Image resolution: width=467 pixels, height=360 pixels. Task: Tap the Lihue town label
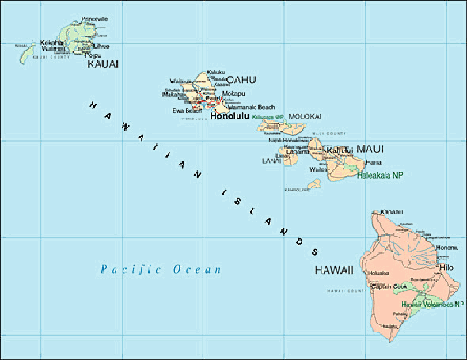(101, 47)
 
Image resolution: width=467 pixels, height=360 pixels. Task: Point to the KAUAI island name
(102, 64)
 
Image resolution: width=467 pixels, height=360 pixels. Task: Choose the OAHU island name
(241, 79)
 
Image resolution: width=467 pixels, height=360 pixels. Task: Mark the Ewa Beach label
(187, 111)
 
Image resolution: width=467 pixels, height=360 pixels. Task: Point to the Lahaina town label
(298, 152)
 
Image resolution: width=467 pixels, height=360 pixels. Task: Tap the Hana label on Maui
(374, 161)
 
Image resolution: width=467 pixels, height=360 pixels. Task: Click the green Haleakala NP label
(381, 175)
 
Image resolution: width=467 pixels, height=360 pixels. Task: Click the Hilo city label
(445, 269)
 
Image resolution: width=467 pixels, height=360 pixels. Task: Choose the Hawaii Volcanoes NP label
(431, 305)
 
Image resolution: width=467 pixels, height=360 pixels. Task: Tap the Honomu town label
(447, 248)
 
